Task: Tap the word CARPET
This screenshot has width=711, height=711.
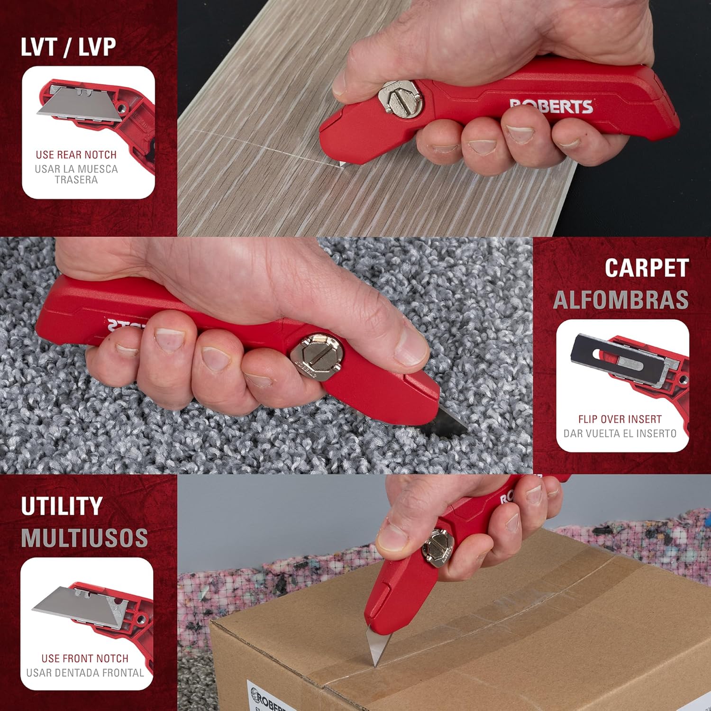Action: (647, 268)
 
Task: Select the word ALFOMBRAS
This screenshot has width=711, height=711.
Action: (621, 300)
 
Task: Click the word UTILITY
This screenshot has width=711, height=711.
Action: (62, 506)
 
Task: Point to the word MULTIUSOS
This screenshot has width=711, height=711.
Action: (84, 538)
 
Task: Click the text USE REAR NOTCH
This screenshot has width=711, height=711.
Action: (76, 155)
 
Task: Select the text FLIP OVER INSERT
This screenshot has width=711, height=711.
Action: (620, 419)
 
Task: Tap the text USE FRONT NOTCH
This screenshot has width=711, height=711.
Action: (85, 658)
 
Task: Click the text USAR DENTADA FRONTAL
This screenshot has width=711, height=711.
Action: (85, 673)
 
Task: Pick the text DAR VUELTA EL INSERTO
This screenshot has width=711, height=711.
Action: (620, 433)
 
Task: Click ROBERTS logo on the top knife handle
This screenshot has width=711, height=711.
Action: (551, 106)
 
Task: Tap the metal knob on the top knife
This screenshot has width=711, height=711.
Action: (401, 98)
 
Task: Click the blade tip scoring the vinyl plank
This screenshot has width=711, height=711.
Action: (341, 164)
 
